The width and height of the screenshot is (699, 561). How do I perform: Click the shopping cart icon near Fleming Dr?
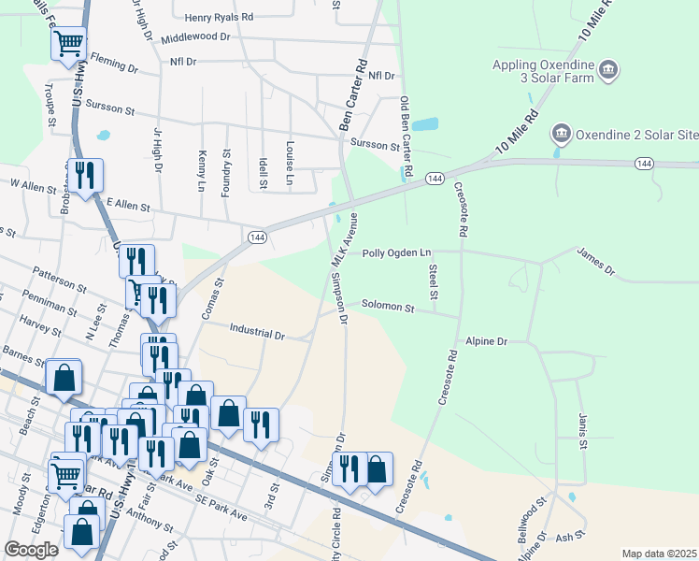tap(68, 44)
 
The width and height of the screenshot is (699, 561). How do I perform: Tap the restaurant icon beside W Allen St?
tap(86, 176)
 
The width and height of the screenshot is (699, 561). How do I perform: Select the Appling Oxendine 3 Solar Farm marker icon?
tap(608, 70)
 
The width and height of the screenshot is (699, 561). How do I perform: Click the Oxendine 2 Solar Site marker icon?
tap(561, 134)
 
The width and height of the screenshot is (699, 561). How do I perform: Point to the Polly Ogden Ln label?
tap(397, 252)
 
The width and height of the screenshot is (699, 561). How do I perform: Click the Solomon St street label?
tap(388, 306)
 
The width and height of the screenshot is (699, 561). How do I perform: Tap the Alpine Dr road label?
tap(486, 342)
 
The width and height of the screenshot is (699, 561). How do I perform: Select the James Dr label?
tap(596, 262)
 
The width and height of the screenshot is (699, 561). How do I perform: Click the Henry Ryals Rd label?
tap(219, 17)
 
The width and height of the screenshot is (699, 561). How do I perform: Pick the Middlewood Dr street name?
tap(195, 36)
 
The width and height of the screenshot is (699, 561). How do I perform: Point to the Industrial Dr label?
tap(257, 333)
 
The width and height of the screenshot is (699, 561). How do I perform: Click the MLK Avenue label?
tap(346, 242)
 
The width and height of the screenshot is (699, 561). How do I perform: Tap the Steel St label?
tap(434, 281)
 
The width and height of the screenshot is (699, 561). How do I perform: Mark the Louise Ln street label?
tap(290, 164)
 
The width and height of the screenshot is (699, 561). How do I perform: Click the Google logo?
tap(31, 550)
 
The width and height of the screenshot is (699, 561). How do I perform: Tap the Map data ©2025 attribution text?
tap(658, 554)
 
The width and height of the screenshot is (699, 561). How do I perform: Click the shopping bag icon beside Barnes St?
tap(64, 378)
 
